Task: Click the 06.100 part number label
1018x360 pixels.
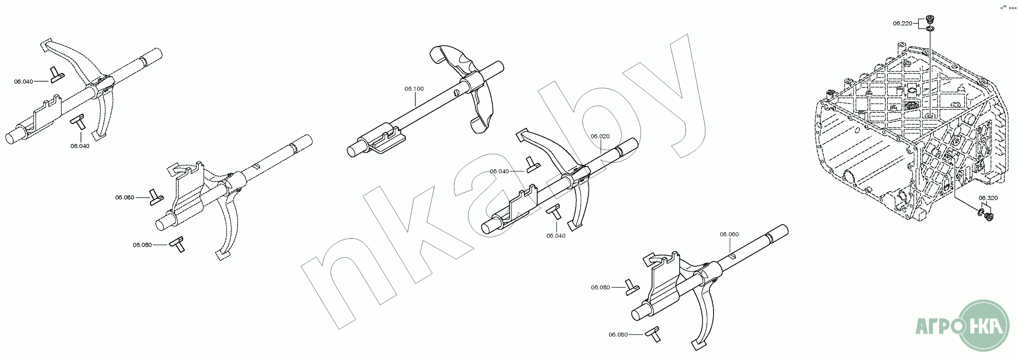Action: coord(414,89)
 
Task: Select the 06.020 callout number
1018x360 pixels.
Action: coord(600,136)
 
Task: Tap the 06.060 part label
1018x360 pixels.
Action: coord(729,234)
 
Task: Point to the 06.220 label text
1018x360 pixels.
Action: coord(902,24)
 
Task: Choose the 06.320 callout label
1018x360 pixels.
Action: coord(988,198)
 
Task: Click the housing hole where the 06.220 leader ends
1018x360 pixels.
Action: coord(930,127)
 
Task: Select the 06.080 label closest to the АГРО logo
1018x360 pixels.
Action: coord(618,335)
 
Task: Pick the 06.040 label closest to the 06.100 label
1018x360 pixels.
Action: coord(499,171)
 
